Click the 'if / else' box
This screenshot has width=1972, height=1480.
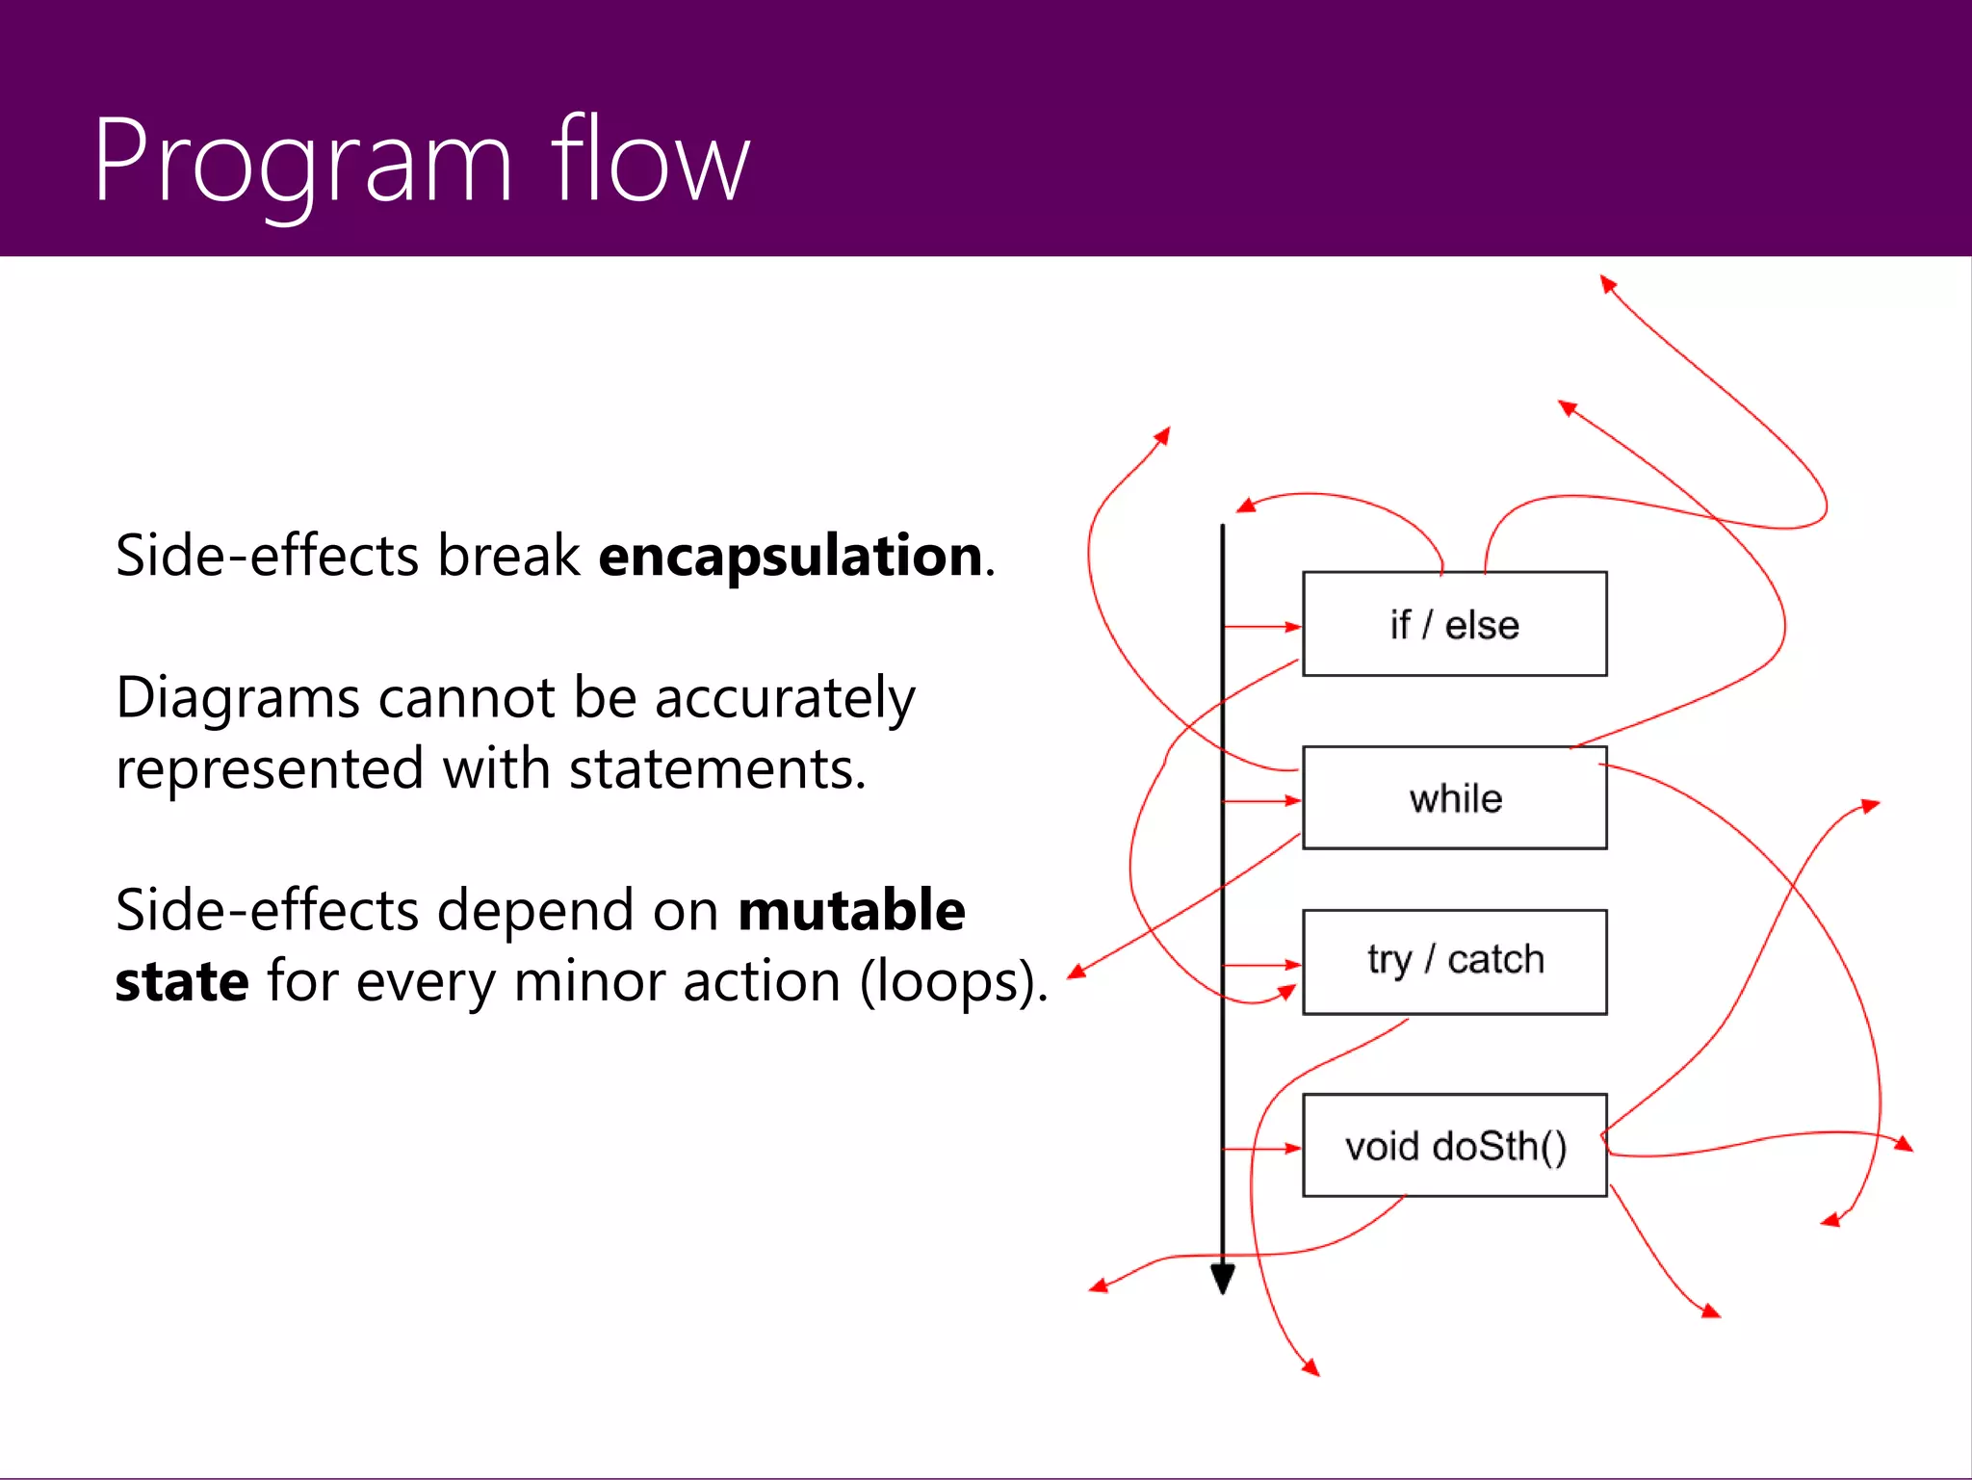tap(1454, 624)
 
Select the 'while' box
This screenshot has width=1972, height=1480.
tap(1454, 798)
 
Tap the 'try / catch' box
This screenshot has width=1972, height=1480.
tap(1454, 961)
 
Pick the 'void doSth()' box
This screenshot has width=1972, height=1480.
tap(1454, 1146)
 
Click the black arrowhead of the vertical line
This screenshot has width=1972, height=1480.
tap(1223, 1280)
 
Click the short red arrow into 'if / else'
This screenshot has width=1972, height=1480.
tap(1262, 627)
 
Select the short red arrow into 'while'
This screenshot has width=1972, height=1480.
tap(1262, 800)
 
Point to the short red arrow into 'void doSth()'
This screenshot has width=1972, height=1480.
tap(1262, 1149)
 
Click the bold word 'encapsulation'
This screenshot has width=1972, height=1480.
tap(790, 556)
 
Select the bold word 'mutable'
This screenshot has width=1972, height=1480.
tap(851, 910)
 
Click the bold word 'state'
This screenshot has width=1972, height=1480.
tap(182, 981)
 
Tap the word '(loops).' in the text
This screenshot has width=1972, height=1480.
tap(952, 982)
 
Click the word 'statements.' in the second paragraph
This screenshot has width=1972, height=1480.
tap(717, 769)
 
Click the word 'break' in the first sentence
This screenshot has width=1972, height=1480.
tap(508, 556)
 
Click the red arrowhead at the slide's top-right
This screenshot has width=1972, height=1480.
tap(1606, 282)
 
